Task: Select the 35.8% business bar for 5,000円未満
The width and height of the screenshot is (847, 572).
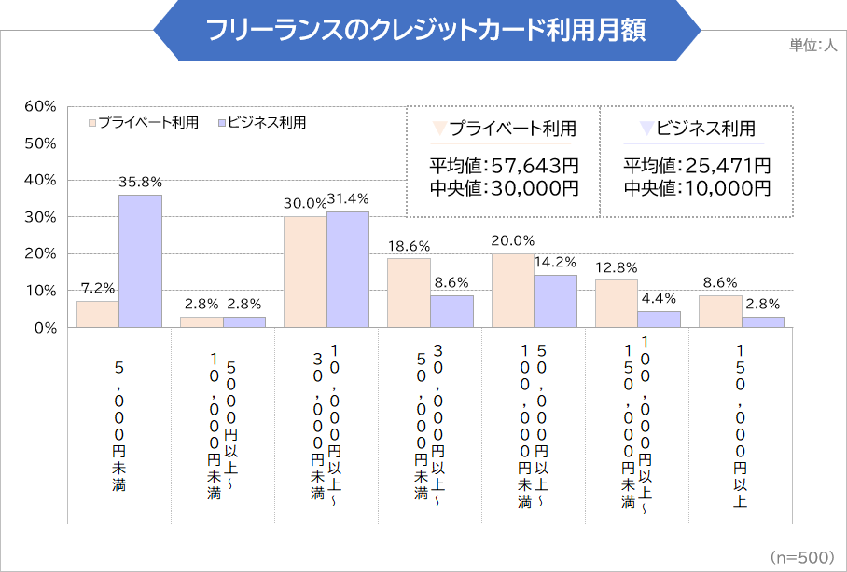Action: (x=140, y=262)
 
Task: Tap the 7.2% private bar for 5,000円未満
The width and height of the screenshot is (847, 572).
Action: (x=98, y=314)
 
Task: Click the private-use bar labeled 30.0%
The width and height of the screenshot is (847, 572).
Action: (x=305, y=272)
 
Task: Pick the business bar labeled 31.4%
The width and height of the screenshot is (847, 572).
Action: (x=347, y=269)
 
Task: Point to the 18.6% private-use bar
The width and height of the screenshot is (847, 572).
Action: (x=409, y=293)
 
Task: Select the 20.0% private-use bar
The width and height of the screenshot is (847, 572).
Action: (x=512, y=291)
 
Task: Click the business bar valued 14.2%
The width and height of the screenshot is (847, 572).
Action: (x=554, y=301)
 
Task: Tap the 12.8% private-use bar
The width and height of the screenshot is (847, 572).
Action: (x=616, y=304)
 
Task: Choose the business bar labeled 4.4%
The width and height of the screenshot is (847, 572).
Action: (x=658, y=320)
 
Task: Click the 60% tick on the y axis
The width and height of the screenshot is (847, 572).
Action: (x=42, y=106)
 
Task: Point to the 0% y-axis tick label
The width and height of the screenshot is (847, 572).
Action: (x=46, y=328)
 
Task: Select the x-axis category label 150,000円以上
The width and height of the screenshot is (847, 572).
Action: (x=741, y=426)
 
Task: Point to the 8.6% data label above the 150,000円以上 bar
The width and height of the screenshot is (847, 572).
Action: (x=719, y=283)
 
